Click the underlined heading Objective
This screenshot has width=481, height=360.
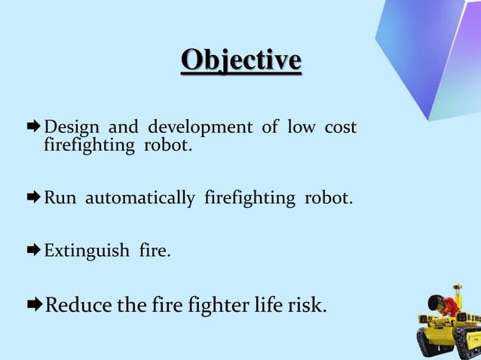241,60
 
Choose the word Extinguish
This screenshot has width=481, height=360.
87,250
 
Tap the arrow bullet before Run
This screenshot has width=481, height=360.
35,199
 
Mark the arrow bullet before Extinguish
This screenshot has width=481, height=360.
35,250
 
